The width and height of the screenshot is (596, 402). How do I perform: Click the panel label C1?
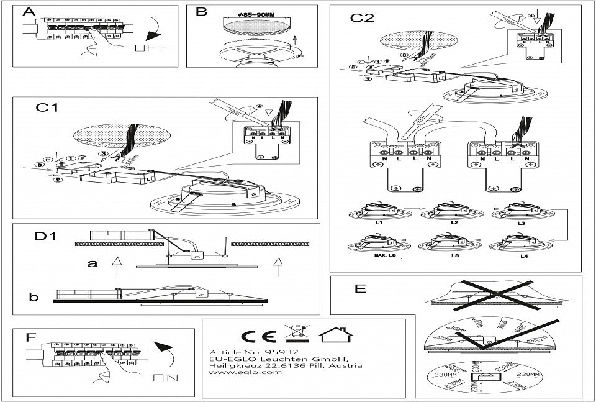(x=47, y=107)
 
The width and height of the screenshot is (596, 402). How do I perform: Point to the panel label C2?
(x=362, y=17)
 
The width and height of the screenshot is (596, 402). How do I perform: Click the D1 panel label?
(x=45, y=237)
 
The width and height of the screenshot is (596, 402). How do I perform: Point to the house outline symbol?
(x=336, y=335)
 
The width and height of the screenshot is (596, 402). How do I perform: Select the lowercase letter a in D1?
(x=93, y=263)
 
